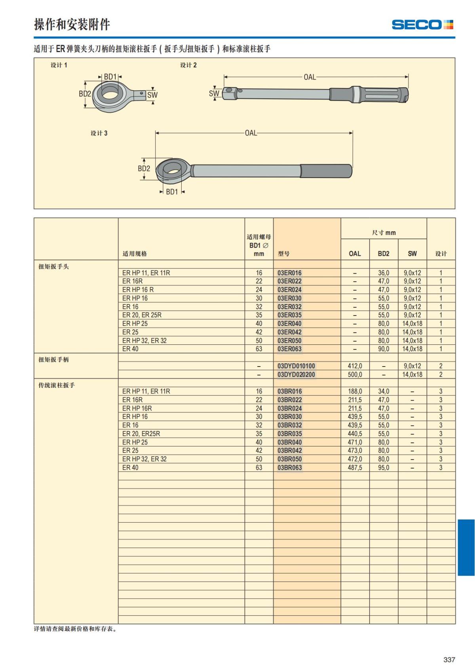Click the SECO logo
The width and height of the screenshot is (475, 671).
422,25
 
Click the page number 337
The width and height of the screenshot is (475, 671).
449,660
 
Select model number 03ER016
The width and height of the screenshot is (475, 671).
289,273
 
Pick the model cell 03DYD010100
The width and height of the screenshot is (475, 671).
296,366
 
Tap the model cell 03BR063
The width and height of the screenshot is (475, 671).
289,468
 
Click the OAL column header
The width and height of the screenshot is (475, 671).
355,253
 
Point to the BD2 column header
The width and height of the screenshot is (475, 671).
383,253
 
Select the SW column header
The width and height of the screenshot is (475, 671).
412,253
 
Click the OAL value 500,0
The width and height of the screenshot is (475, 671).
355,374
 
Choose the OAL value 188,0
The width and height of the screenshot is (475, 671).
355,391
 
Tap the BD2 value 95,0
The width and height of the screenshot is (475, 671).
383,468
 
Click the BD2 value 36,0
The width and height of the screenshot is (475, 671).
383,273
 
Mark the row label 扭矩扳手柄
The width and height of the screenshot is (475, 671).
53,359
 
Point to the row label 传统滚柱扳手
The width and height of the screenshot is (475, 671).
56,385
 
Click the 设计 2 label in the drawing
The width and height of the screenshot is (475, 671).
188,65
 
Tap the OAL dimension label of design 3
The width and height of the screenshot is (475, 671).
251,133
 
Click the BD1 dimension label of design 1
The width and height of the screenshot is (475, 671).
110,77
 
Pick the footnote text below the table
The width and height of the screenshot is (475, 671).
76,629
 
